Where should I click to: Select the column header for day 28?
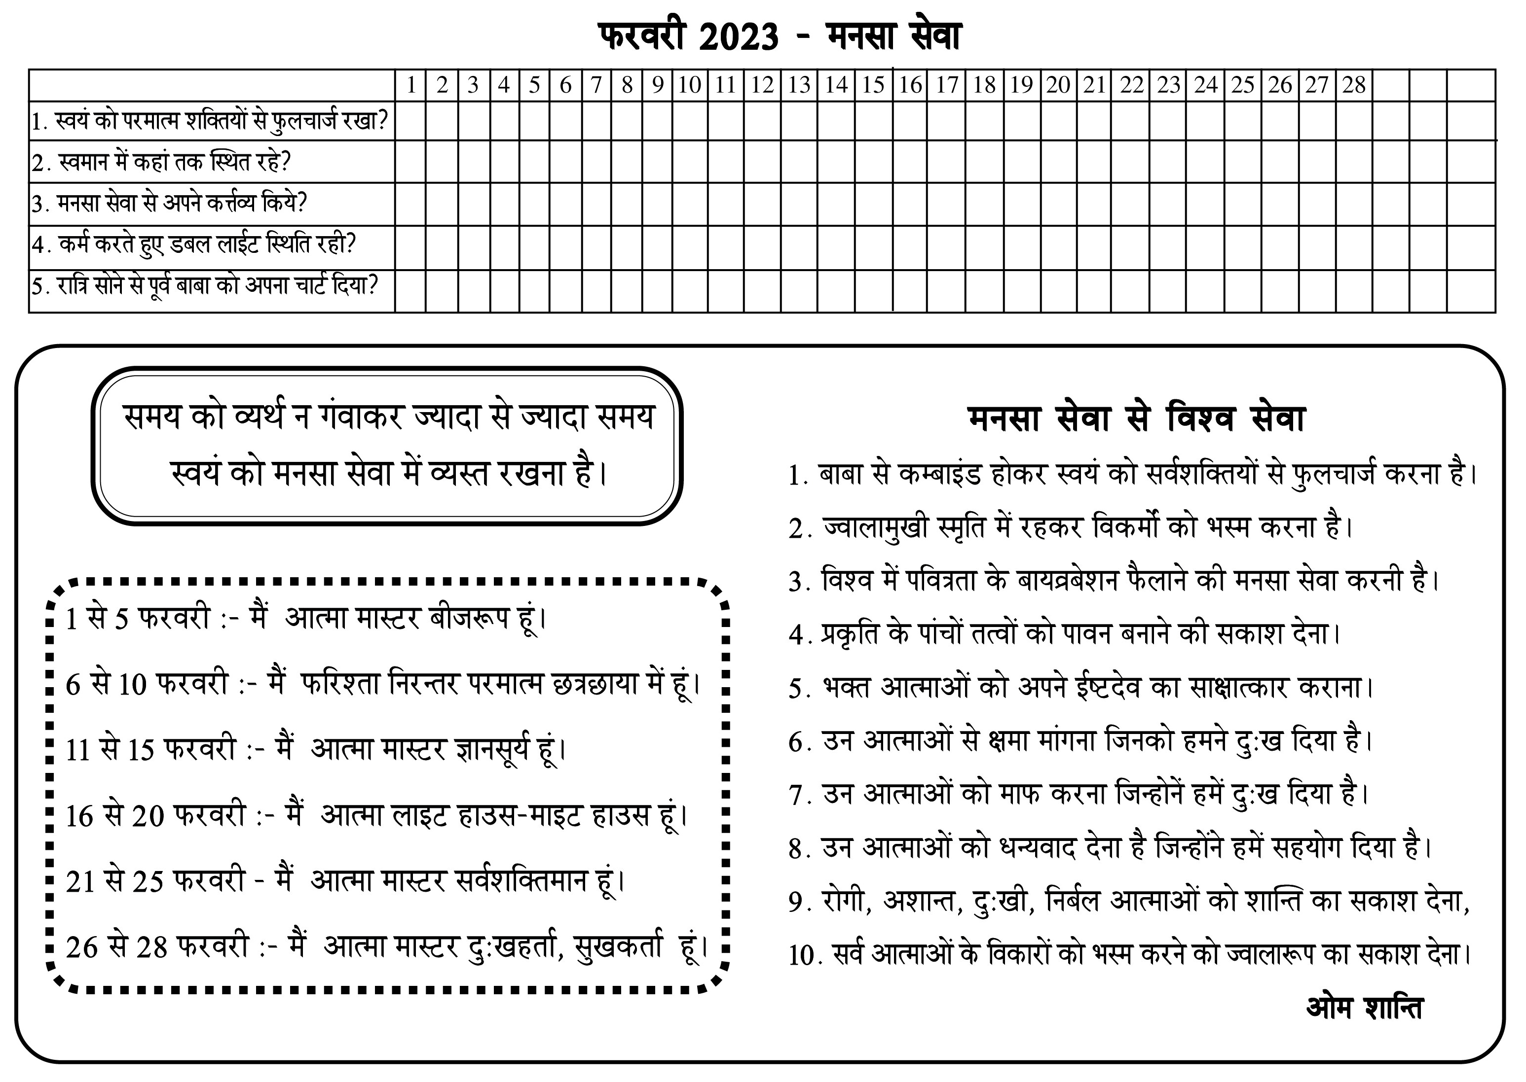pyautogui.click(x=1354, y=85)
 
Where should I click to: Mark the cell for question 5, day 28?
pyautogui.click(x=1354, y=291)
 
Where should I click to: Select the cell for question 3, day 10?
pyautogui.click(x=690, y=204)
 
